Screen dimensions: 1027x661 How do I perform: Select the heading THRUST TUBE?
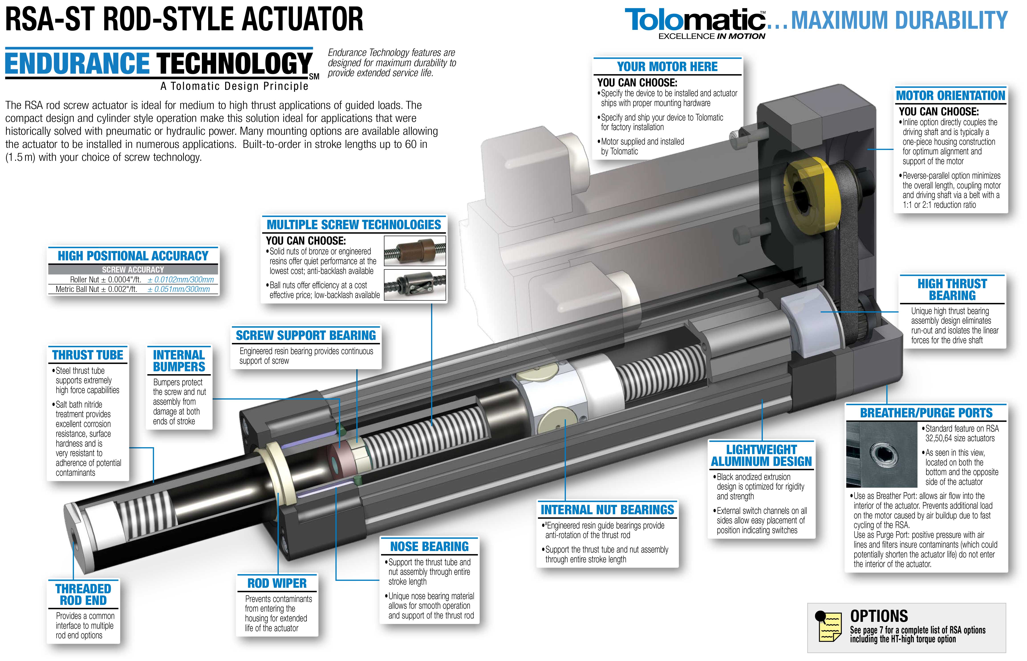(87, 355)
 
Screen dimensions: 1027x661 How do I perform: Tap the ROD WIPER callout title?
(277, 583)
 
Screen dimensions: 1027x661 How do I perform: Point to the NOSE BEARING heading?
(429, 546)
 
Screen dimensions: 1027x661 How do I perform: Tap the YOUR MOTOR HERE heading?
(667, 67)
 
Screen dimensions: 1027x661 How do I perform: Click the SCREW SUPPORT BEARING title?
(306, 335)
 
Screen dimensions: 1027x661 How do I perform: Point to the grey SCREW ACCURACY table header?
(133, 269)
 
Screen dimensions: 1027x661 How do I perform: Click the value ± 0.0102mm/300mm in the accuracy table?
(181, 279)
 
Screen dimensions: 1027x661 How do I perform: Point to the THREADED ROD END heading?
(83, 594)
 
